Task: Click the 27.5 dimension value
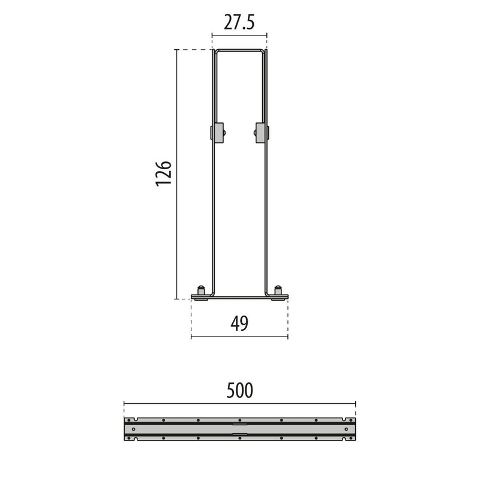pos(239,22)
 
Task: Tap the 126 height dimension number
pos(164,173)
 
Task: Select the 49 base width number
pos(239,323)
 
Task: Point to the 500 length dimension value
pos(239,391)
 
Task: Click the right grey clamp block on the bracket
pos(261,133)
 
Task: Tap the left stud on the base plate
pos(201,290)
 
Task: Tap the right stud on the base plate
pos(278,290)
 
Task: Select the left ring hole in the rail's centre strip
pos(133,429)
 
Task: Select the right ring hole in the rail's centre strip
pos(346,429)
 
